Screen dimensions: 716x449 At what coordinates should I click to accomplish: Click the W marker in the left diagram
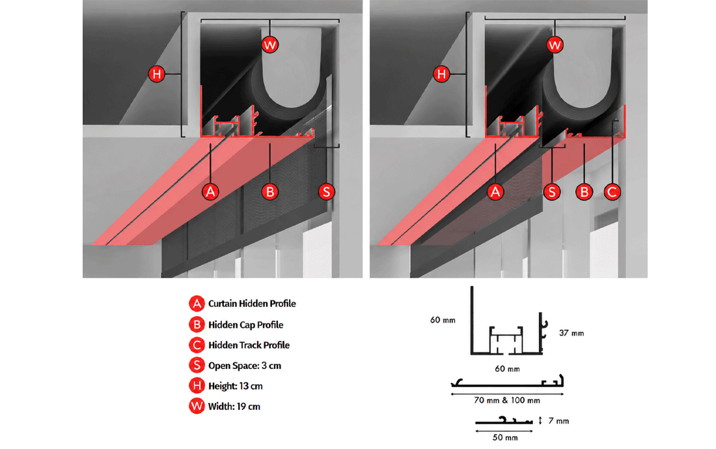[x=270, y=45]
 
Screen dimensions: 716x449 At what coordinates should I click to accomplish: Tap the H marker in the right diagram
[x=441, y=74]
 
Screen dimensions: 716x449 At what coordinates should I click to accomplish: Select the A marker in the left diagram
[x=210, y=192]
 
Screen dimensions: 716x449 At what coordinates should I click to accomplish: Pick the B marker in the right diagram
[x=584, y=192]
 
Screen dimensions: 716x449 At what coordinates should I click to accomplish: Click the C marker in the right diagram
[x=613, y=192]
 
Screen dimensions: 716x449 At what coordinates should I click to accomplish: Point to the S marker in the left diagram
[x=327, y=192]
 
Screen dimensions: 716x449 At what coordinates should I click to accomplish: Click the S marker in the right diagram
[x=552, y=192]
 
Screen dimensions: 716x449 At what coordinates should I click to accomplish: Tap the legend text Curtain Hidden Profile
[x=252, y=304]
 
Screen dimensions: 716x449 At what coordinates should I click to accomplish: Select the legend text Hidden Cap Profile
[x=245, y=325]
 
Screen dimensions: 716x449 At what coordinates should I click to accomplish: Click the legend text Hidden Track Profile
[x=249, y=345]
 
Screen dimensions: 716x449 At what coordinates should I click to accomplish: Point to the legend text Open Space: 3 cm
[x=245, y=366]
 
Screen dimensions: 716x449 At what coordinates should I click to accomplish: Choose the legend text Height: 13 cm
[x=236, y=386]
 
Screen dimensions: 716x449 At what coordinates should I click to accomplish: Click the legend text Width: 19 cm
[x=234, y=407]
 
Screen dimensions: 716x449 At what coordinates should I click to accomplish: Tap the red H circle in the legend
[x=197, y=385]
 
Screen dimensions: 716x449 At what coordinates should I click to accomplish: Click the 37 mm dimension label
[x=571, y=333]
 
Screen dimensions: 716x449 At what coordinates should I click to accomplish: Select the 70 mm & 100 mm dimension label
[x=507, y=400]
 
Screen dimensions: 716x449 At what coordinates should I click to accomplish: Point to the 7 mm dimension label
[x=559, y=420]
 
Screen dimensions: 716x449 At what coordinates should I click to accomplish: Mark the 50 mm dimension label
[x=505, y=437]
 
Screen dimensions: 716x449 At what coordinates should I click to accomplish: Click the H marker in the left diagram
[x=157, y=74]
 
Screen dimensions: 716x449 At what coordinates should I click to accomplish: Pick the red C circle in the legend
[x=197, y=345]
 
